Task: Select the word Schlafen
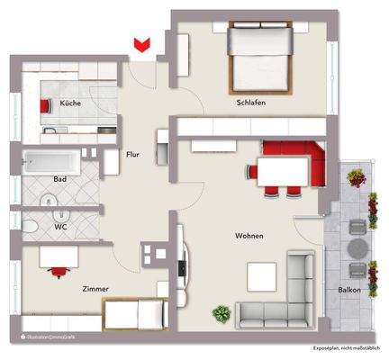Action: (251, 103)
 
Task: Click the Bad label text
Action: (60, 179)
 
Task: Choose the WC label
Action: (59, 227)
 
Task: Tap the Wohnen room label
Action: (249, 236)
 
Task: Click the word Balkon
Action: (350, 291)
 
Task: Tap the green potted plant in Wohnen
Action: (219, 313)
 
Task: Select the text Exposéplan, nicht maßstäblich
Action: (346, 346)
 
